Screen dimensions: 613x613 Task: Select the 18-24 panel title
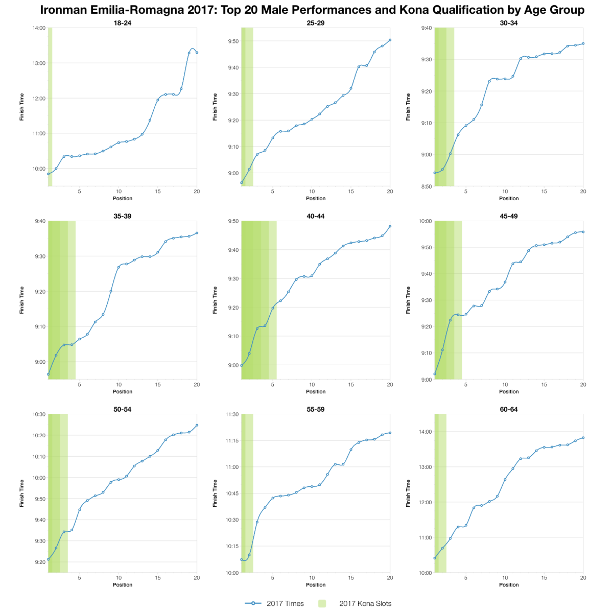[123, 23]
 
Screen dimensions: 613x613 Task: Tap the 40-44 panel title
[316, 216]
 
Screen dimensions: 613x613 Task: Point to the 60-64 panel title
[509, 409]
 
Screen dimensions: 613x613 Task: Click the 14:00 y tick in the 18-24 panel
[39, 28]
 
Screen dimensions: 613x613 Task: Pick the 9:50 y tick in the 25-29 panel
[232, 41]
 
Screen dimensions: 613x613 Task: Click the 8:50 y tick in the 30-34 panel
[425, 186]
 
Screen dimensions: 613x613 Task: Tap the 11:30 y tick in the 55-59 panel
[232, 414]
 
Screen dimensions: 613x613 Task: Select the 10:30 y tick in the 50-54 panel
[39, 414]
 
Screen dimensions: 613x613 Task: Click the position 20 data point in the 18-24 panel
[197, 53]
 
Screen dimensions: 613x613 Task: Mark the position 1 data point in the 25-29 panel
[242, 182]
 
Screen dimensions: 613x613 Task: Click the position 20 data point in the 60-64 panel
[583, 437]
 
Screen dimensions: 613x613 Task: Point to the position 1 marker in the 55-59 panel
[242, 559]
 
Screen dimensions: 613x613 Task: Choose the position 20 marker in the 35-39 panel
[197, 233]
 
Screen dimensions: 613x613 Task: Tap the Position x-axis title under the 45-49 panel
[509, 392]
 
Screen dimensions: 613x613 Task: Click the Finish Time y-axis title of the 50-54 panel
[22, 493]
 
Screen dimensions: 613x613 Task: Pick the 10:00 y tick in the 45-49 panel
[425, 221]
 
